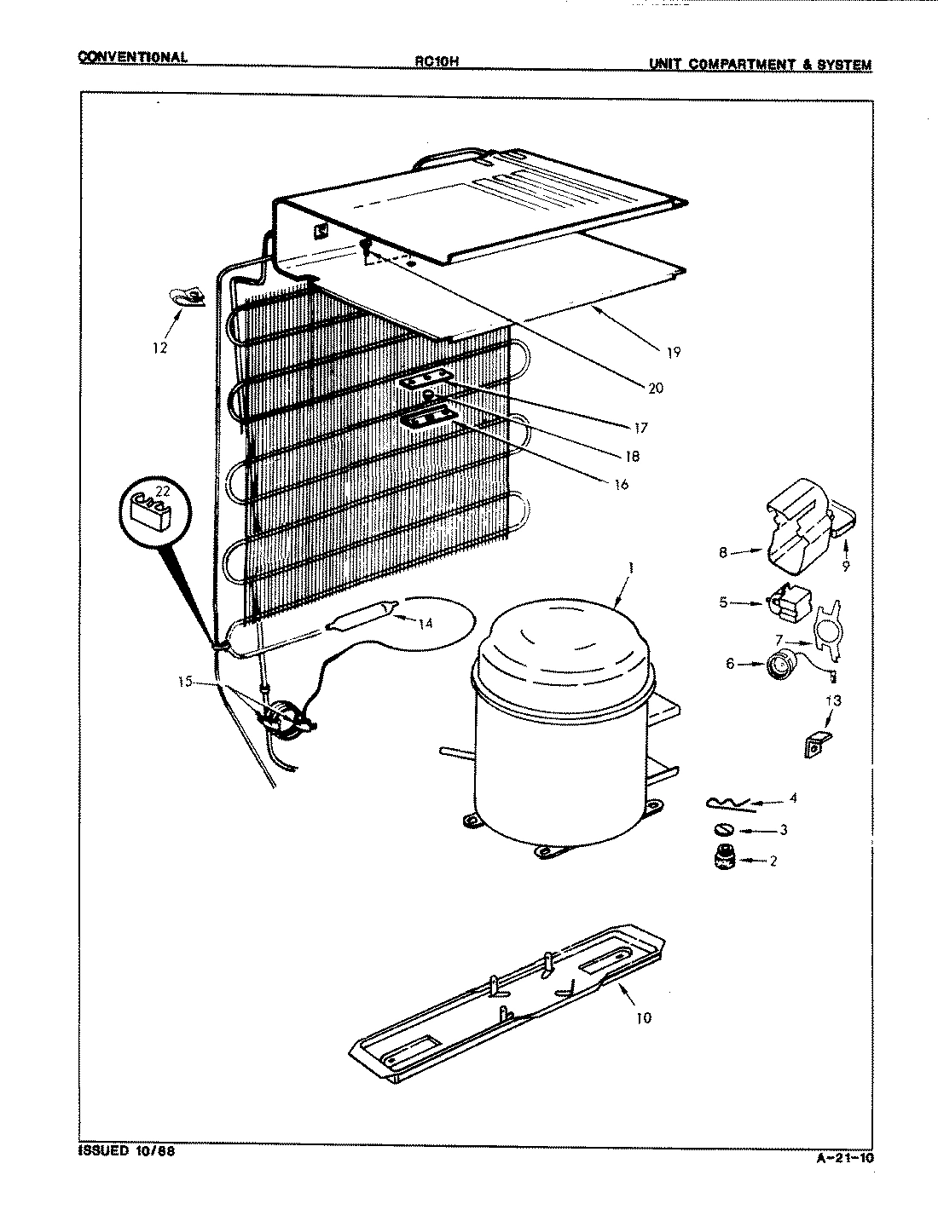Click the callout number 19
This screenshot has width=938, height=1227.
pyautogui.click(x=674, y=353)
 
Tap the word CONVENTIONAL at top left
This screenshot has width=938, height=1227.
pyautogui.click(x=131, y=58)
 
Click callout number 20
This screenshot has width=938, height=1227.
pyautogui.click(x=655, y=389)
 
